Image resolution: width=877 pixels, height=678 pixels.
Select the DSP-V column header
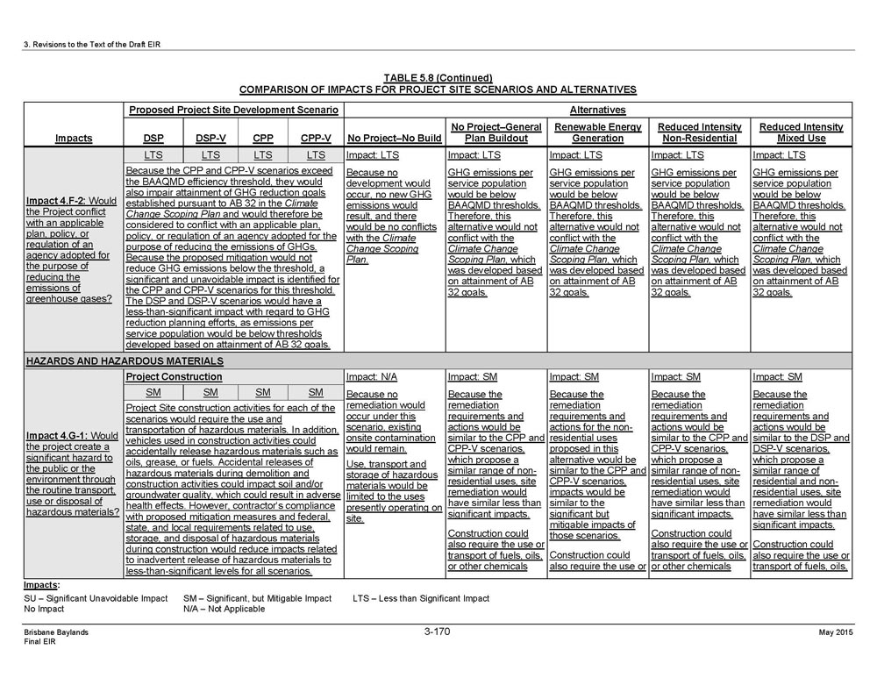click(208, 138)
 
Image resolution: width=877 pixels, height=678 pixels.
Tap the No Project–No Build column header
click(395, 138)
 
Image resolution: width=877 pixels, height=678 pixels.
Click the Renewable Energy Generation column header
click(597, 132)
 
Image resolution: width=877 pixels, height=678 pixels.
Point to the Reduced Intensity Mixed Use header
click(801, 132)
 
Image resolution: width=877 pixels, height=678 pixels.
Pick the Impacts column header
click(74, 138)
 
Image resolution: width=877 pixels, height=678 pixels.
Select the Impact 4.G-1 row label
click(74, 474)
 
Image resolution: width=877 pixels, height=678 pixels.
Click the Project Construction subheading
click(174, 376)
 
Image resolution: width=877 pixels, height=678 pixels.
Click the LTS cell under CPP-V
click(316, 154)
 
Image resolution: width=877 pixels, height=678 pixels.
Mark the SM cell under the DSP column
click(153, 392)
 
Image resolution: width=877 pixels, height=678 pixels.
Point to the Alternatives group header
click(597, 110)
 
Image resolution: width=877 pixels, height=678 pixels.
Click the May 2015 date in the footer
click(837, 632)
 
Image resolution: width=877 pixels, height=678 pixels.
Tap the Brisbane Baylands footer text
click(55, 632)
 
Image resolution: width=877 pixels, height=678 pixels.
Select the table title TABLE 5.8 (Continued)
click(438, 78)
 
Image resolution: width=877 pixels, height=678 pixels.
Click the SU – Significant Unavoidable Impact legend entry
click(95, 597)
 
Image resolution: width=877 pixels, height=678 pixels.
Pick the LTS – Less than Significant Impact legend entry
click(421, 597)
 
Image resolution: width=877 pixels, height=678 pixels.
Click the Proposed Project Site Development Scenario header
click(233, 110)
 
